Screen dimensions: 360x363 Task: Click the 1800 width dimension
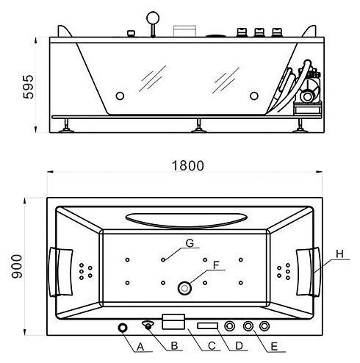[187, 165]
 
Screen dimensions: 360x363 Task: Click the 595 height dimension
[28, 87]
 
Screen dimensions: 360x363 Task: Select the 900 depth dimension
[17, 267]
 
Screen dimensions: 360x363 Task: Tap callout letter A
[140, 347]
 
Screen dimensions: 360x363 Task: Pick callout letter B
[174, 345]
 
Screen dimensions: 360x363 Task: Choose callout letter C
[212, 346]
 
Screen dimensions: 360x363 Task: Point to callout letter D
[239, 346]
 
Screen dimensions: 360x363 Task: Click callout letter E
[274, 347]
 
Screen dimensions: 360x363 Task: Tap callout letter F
[216, 265]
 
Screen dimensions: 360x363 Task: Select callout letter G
[190, 243]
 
